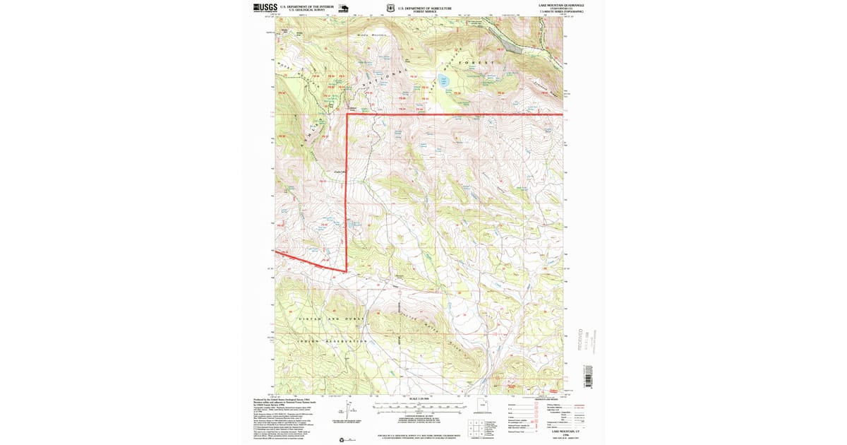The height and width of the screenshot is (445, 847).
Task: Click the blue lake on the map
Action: (443, 80)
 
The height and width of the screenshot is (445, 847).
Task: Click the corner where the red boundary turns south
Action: (347, 114)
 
